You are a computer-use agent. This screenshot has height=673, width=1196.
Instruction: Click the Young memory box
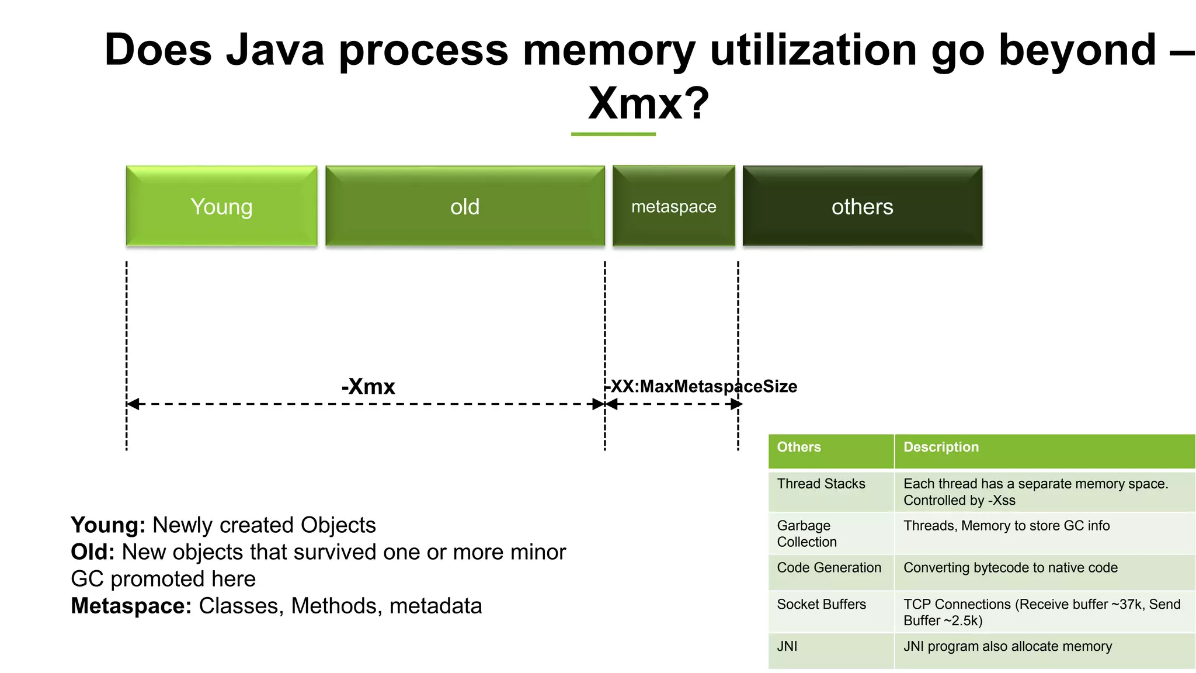(221, 206)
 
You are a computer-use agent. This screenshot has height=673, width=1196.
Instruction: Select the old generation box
(465, 206)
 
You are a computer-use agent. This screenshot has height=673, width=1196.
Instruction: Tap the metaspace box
(673, 206)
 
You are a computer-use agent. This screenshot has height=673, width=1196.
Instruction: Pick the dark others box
(862, 206)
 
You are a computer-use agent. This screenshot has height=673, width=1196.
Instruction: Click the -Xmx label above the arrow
(368, 387)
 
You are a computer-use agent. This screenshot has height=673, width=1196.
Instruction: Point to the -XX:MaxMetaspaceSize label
(701, 387)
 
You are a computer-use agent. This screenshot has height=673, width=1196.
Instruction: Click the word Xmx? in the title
(648, 103)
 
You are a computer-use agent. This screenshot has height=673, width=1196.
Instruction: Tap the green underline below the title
(613, 134)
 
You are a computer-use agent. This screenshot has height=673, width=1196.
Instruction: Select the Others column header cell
(830, 450)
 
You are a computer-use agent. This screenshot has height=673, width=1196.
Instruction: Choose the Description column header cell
(1044, 450)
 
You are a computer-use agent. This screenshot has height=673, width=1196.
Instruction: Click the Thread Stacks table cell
(830, 491)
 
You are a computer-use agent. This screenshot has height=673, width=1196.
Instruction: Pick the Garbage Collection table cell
(830, 533)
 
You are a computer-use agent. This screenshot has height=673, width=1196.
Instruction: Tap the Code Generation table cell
(830, 571)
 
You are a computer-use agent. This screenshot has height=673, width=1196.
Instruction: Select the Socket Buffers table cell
(830, 611)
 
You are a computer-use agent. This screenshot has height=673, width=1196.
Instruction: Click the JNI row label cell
(830, 650)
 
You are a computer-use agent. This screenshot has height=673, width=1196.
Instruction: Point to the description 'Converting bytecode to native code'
(1010, 568)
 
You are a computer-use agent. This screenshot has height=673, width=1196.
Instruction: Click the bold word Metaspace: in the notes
(131, 606)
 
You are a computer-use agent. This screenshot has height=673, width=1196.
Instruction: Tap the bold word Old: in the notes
(93, 552)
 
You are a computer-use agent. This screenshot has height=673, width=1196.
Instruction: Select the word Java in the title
(274, 50)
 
